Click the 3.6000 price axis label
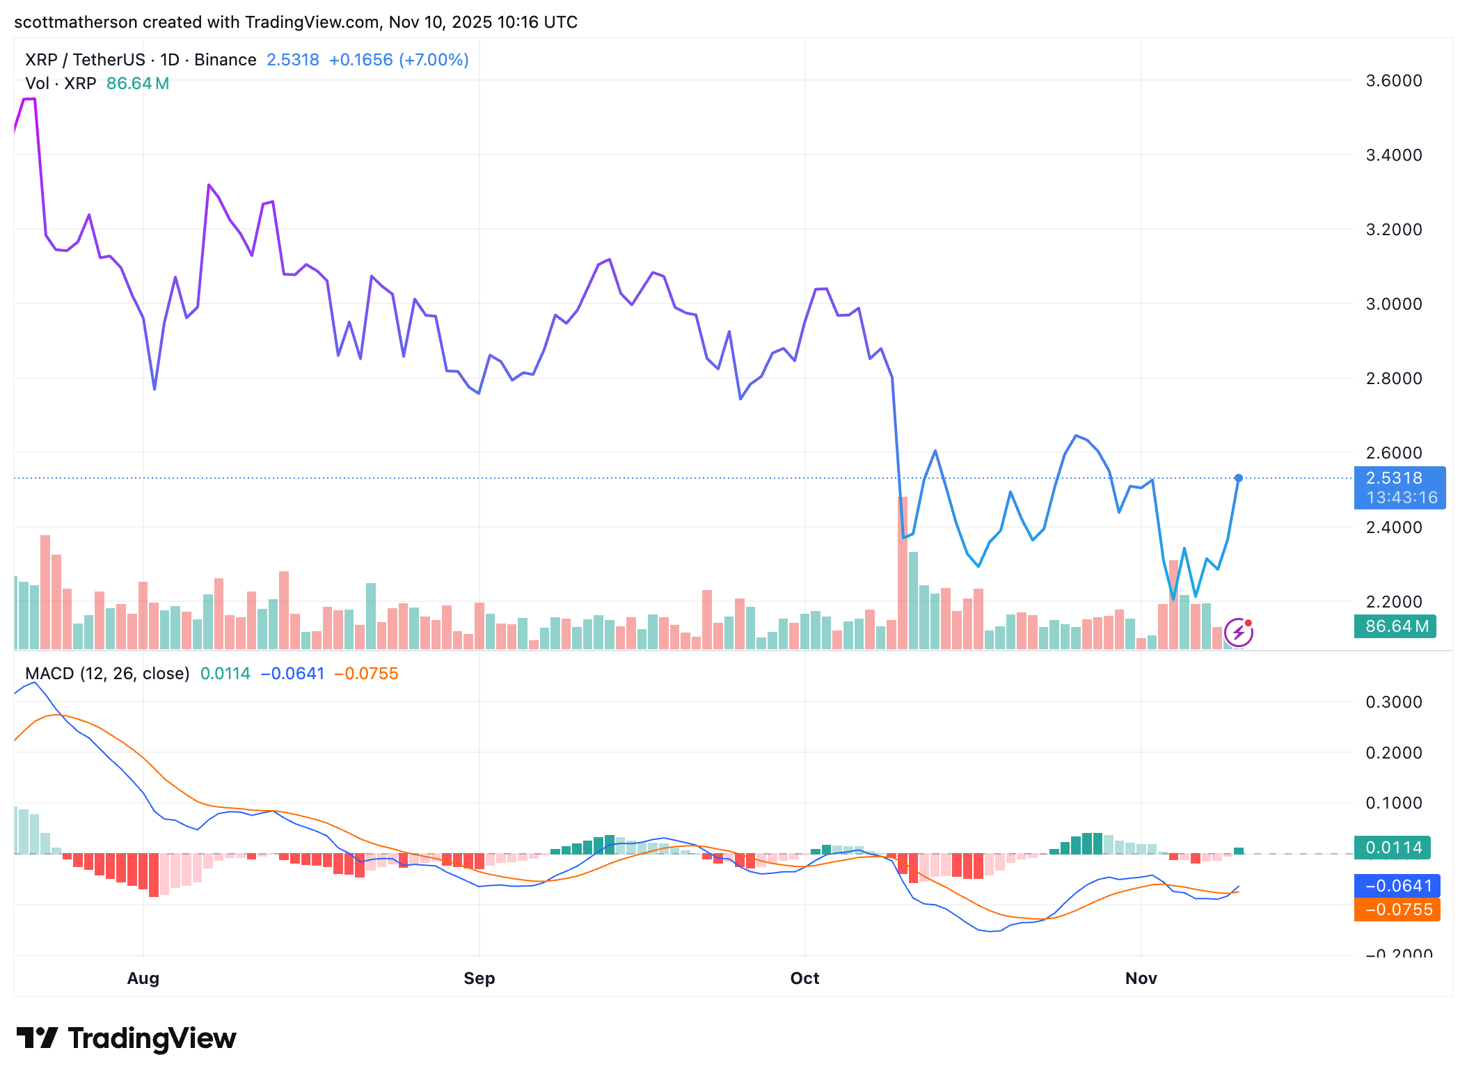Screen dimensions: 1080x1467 pos(1393,81)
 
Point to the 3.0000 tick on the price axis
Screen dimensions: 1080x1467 pos(1393,304)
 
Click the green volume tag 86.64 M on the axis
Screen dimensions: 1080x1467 pos(1395,626)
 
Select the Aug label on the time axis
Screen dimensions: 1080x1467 pos(143,978)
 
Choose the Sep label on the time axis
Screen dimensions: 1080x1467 pos(479,978)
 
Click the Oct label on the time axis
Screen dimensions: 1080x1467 pos(804,978)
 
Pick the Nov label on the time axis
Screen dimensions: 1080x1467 pos(1141,978)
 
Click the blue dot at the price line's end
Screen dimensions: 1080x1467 pos(1239,478)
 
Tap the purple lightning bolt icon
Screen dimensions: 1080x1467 pos(1239,633)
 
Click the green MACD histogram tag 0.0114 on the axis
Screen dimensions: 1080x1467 pos(1393,848)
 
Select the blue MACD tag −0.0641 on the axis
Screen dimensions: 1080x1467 pos(1397,886)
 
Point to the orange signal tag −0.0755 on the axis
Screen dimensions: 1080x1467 pos(1397,910)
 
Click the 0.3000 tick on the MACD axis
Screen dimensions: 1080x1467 pos(1393,702)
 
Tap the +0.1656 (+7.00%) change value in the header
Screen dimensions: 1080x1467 pos(399,60)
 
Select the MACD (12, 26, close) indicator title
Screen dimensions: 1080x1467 pos(107,674)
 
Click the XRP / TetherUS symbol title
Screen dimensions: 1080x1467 pos(85,60)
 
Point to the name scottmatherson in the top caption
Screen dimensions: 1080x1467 pos(76,22)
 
